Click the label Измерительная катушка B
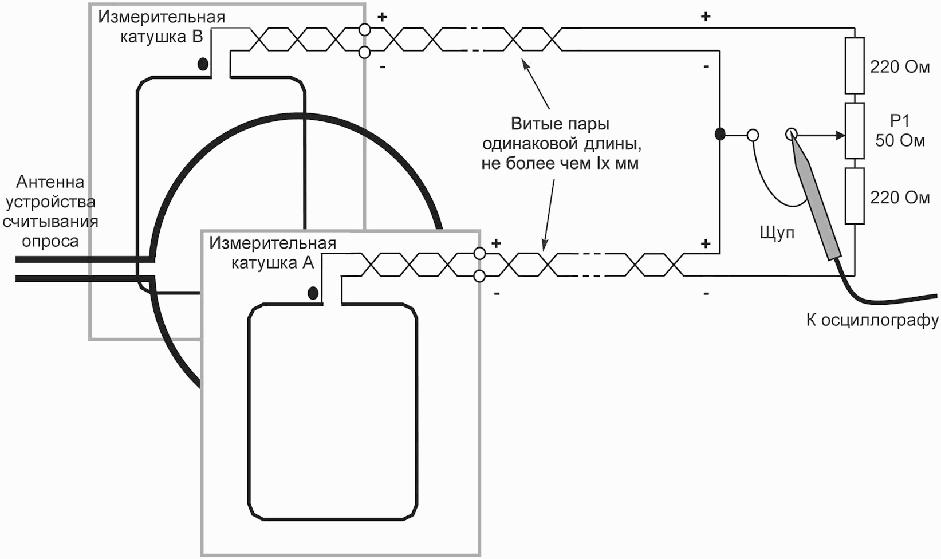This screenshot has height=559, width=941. coord(162,27)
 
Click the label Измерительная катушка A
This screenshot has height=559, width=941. coord(273,253)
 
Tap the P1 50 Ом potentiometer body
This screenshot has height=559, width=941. coord(855,131)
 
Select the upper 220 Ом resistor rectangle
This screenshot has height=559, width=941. coord(855,65)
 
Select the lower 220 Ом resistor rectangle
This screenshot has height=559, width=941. coord(855,196)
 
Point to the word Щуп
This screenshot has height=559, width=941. coord(777,233)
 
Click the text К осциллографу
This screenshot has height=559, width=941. coord(872,320)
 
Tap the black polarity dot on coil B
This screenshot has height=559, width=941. coord(203,64)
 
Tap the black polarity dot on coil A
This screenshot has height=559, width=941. coord(313,293)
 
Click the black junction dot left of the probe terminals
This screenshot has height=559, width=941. coord(720,135)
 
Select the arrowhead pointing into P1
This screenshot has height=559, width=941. coord(840,135)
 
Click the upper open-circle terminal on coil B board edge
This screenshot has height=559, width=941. coord(365,30)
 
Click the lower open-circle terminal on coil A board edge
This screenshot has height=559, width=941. coord(479,276)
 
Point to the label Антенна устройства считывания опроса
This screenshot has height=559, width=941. coord(50,212)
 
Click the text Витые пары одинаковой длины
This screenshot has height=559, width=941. coord(562,134)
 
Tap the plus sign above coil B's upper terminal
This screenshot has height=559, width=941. coord(382,17)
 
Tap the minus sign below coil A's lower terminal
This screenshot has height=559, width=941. coord(497,293)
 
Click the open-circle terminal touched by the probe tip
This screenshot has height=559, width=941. coord(791,135)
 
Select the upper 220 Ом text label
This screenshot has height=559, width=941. coord(900,67)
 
